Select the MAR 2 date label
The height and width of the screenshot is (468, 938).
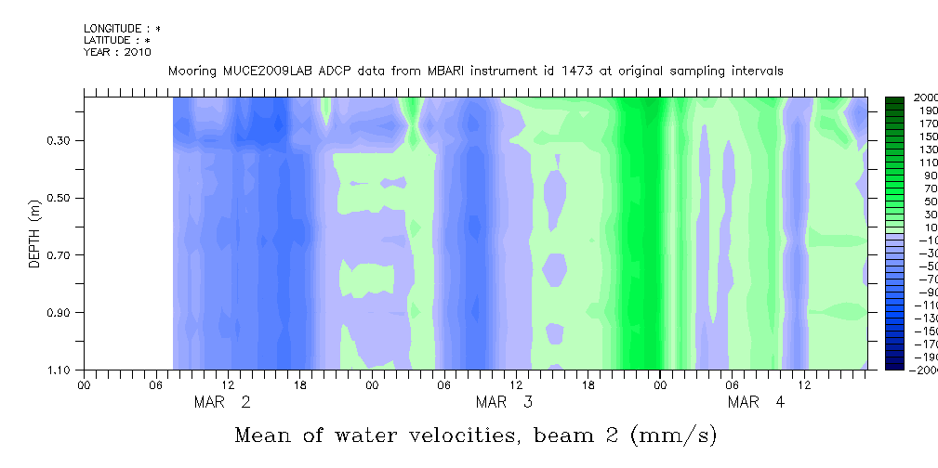(221, 402)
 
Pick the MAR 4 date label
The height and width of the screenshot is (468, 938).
(756, 402)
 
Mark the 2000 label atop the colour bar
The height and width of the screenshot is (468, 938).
(925, 97)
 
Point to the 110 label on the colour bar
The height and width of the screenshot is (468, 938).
(925, 162)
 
